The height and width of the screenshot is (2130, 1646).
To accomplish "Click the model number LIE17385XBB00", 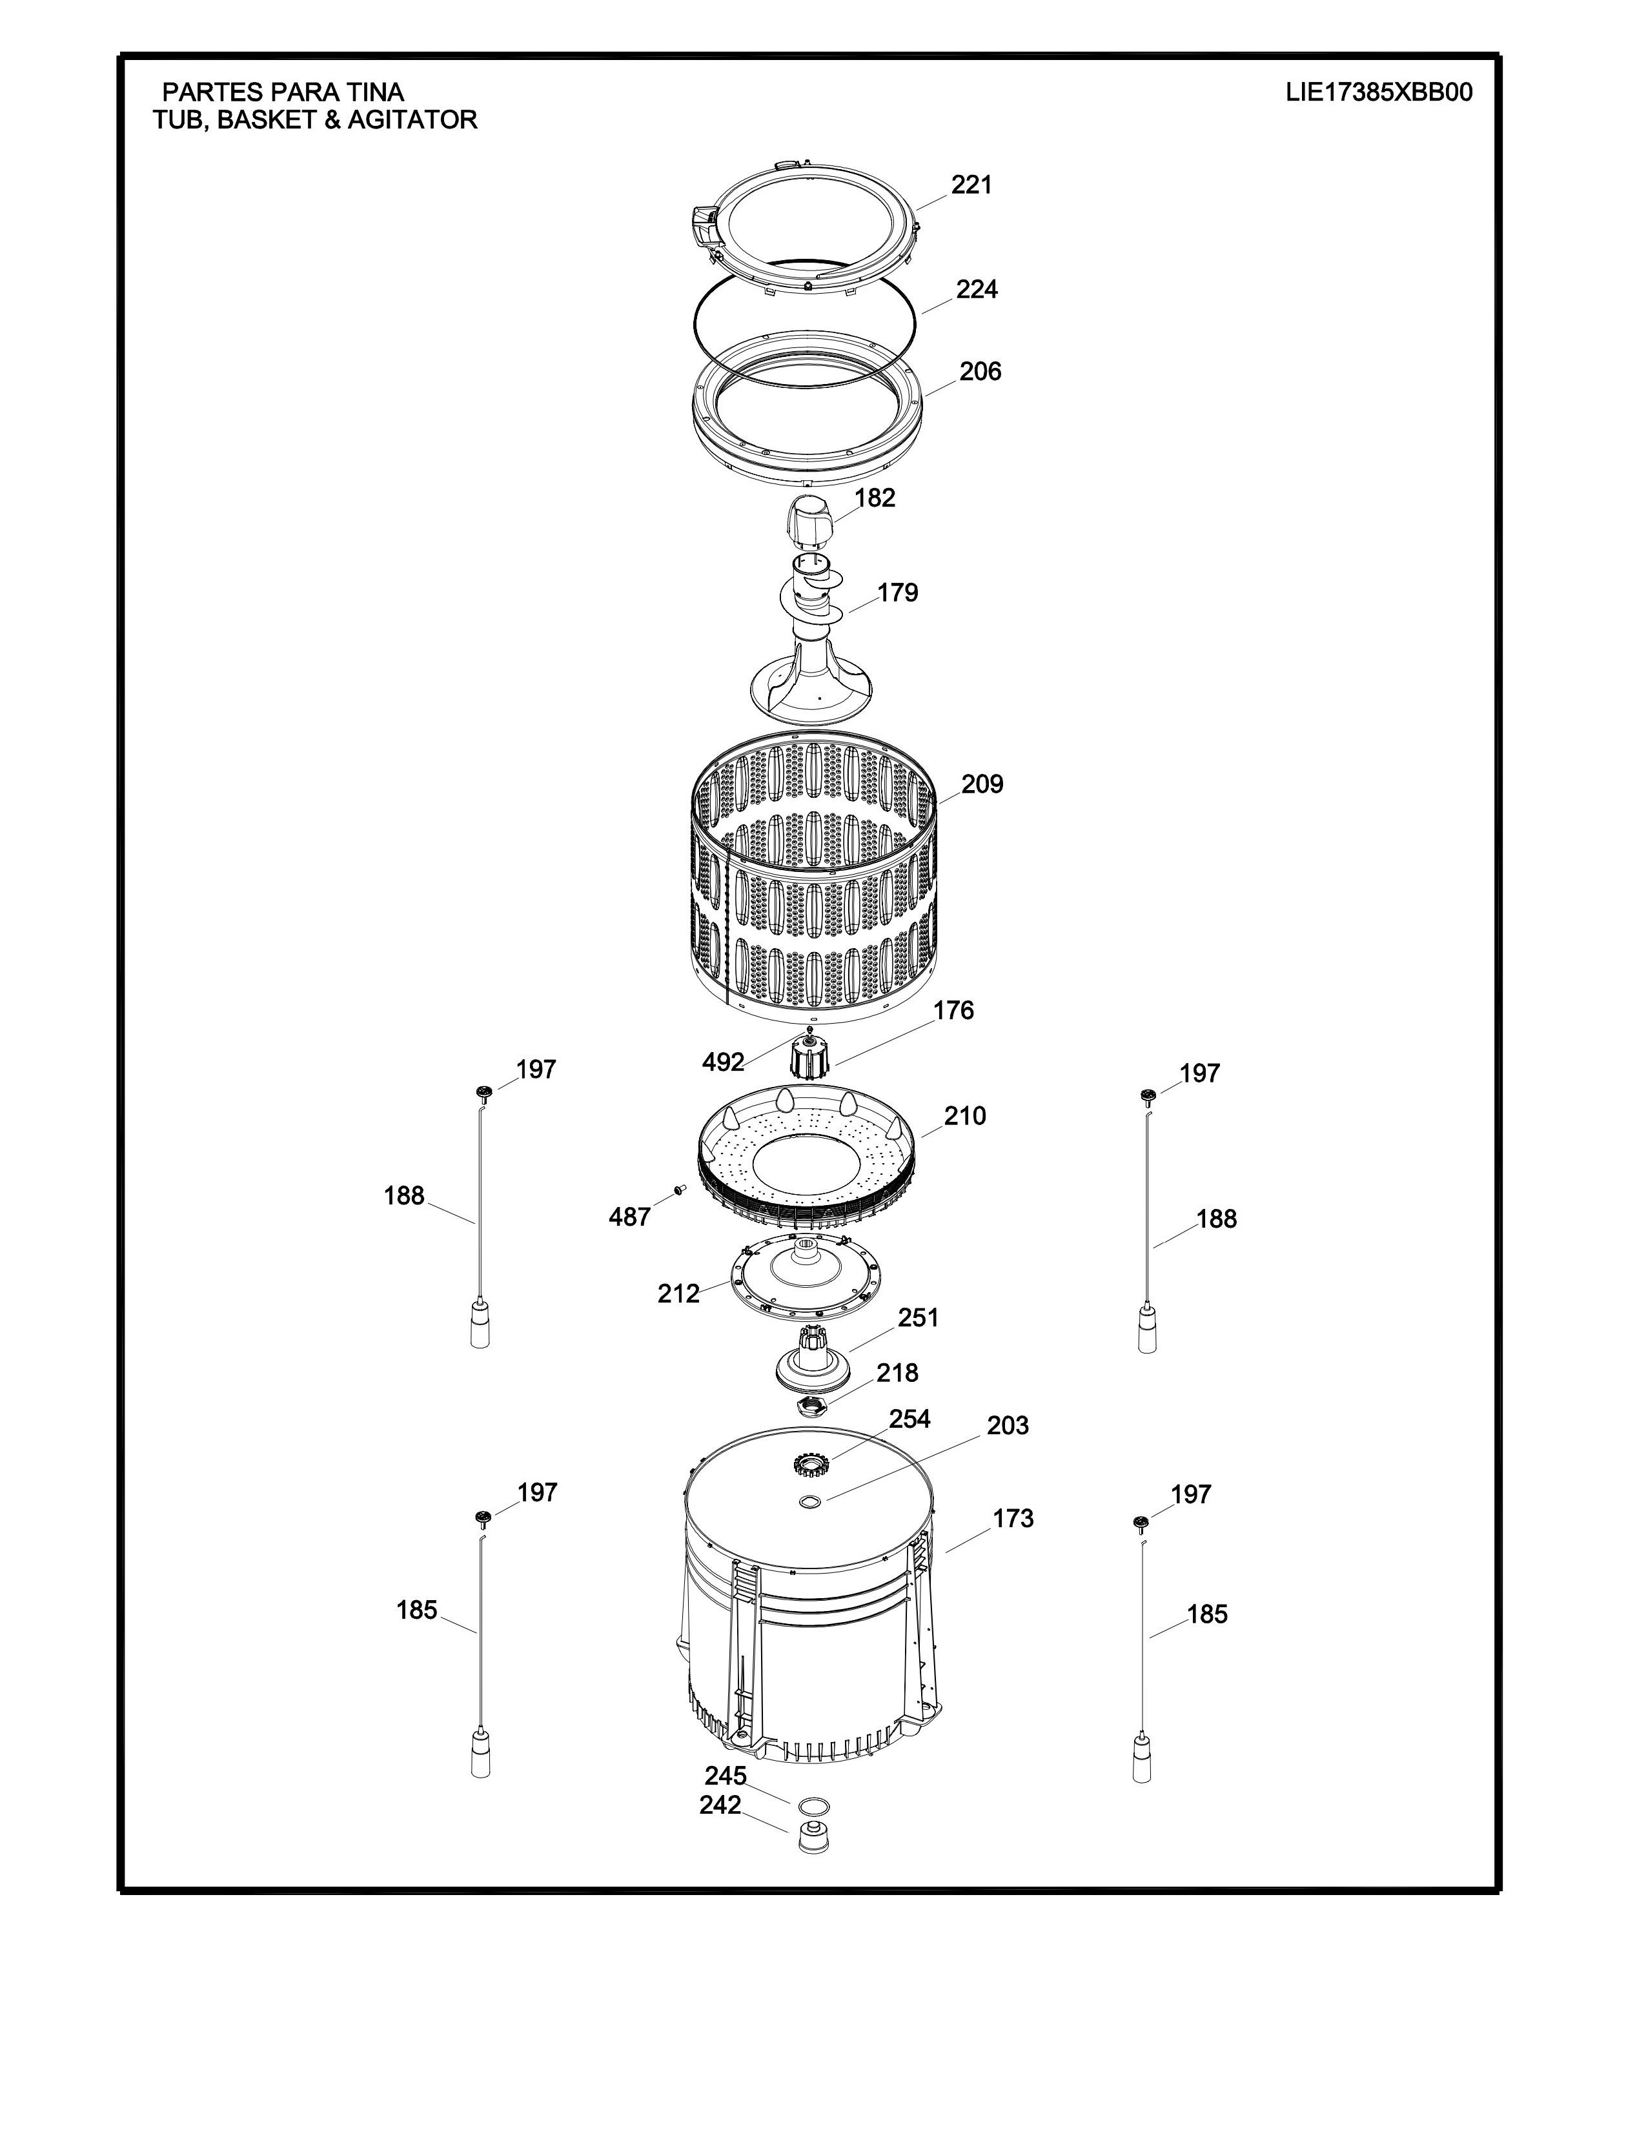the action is point(1379,93).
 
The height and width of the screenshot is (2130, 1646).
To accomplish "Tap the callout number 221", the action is point(971,185).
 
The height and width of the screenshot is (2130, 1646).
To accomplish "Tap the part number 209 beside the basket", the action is point(982,784).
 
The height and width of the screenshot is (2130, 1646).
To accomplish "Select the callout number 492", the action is point(724,1062).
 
